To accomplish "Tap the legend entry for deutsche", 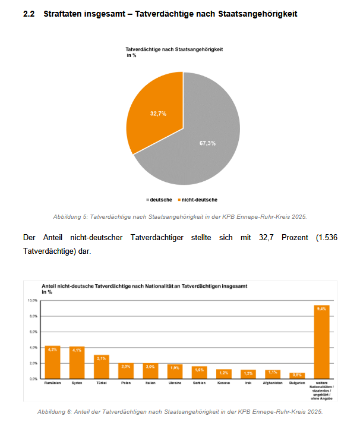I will coord(160,200).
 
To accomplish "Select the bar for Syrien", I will coord(77,363).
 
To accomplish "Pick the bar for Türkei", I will coord(102,367).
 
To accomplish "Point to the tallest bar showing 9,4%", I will coord(322,342).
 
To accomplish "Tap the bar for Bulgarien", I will coord(297,376).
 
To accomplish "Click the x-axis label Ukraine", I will coord(175,383).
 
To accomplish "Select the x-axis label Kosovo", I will coord(223,383).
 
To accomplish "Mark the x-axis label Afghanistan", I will coord(273,383).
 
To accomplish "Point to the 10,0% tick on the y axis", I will coord(32,301).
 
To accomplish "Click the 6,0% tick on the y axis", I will coord(33,332).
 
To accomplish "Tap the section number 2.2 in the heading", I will coord(29,13).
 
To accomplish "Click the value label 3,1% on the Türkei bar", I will coord(102,358).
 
